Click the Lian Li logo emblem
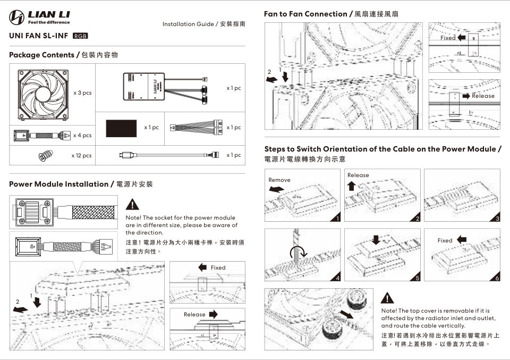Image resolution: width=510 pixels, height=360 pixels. (x=18, y=18)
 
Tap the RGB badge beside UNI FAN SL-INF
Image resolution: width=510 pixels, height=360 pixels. (x=79, y=36)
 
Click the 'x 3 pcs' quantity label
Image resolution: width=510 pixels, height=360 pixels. (x=82, y=93)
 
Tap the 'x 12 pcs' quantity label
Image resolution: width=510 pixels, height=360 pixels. (x=81, y=156)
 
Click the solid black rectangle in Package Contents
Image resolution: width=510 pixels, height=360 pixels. (x=122, y=128)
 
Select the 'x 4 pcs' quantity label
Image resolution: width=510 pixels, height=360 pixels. (x=82, y=135)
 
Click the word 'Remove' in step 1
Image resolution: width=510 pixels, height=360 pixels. (x=279, y=180)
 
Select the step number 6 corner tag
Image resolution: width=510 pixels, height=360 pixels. (x=497, y=278)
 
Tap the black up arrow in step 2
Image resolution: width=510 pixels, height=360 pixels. (x=351, y=185)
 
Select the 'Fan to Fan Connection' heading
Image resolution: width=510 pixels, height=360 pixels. (x=305, y=14)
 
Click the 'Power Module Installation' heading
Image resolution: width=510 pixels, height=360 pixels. (x=58, y=184)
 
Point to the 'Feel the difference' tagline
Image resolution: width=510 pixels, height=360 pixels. (x=49, y=22)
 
